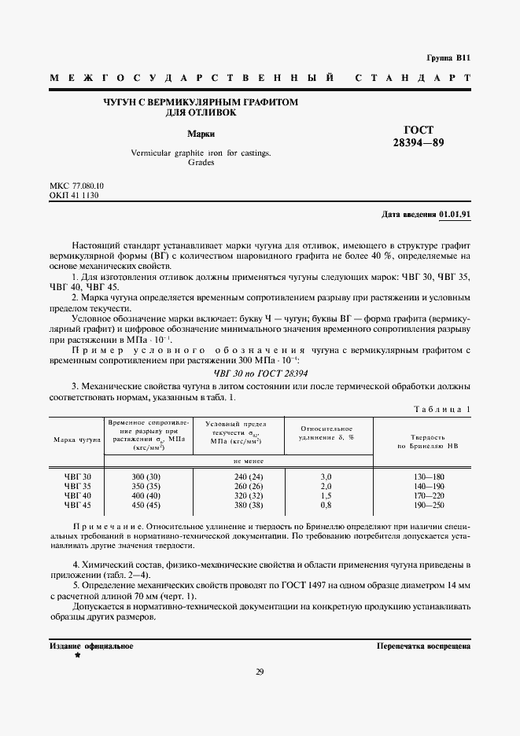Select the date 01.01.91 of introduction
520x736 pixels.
pos(454,214)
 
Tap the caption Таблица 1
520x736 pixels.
pos(441,409)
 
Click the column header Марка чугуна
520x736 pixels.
pos(76,439)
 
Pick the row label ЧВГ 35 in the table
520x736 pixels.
pos(78,487)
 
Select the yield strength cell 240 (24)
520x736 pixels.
pos(248,477)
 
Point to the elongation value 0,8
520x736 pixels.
pos(326,506)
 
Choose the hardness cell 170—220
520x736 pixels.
pos(428,496)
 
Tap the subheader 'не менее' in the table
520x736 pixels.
pos(248,462)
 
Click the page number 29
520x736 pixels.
pos(260,671)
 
